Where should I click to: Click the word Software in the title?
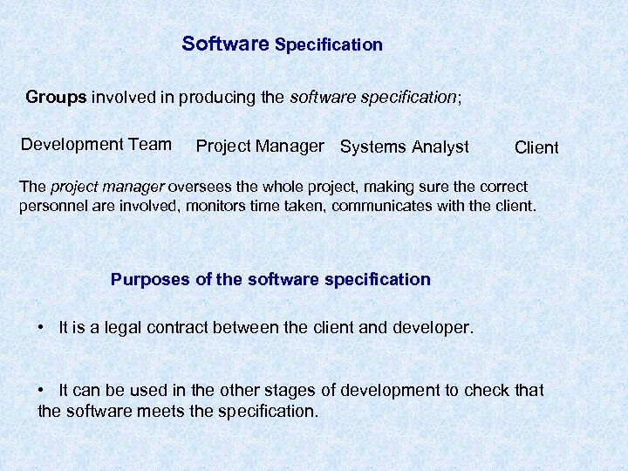point(225,44)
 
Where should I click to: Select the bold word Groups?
point(56,97)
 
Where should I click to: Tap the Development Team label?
point(96,145)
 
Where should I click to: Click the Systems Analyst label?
point(404,147)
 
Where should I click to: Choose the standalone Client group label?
point(536,147)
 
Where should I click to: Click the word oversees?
point(199,188)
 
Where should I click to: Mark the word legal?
point(122,328)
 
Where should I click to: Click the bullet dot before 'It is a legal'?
point(42,327)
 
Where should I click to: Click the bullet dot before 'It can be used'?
point(42,389)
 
